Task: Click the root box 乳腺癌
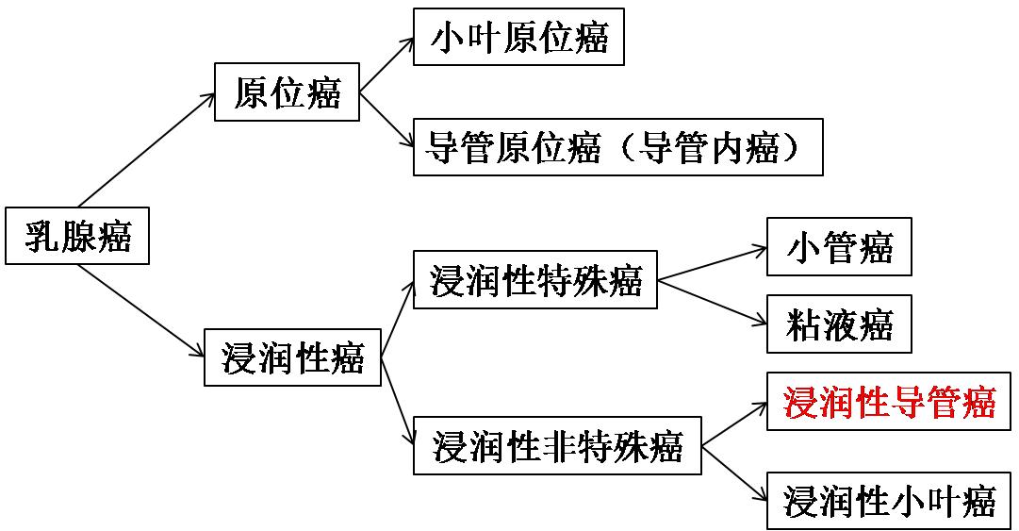pos(77,236)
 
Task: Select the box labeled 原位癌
pos(287,92)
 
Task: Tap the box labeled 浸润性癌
pos(292,357)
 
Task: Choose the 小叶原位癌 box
pos(518,38)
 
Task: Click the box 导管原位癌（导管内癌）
pos(617,147)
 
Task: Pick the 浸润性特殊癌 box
pos(535,280)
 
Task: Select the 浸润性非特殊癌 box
pos(557,444)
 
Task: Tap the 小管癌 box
pos(839,247)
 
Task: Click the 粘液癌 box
pos(839,325)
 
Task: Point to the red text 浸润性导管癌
pos(889,402)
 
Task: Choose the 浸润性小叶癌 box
pos(889,500)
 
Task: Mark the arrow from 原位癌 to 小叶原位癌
pos(386,65)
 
